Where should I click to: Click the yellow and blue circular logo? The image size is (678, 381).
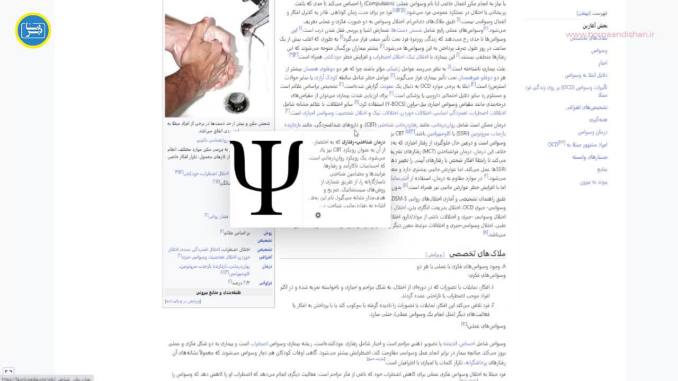pos(33,31)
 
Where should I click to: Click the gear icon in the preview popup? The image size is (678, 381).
pos(318,215)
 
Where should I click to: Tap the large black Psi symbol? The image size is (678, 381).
pos(266,178)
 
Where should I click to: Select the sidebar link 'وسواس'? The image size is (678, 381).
pos(599,51)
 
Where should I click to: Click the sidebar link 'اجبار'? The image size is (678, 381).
pos(603,63)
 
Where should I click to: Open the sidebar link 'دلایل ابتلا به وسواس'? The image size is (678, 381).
pos(586,75)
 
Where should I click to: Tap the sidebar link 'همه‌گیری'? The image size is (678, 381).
pos(598,120)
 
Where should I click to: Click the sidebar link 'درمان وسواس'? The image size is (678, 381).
pos(593,132)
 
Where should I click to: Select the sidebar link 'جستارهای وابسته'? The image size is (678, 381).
pos(590,157)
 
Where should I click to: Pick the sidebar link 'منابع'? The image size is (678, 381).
pos(602,169)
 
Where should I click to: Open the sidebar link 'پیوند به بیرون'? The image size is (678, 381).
pos(593,182)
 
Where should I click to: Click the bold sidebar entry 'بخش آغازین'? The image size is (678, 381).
pos(595,26)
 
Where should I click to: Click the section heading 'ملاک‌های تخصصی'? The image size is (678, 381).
pos(477,253)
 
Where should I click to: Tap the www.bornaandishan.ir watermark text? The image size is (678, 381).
pos(610,35)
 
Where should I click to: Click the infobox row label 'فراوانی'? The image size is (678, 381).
pos(265,283)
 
